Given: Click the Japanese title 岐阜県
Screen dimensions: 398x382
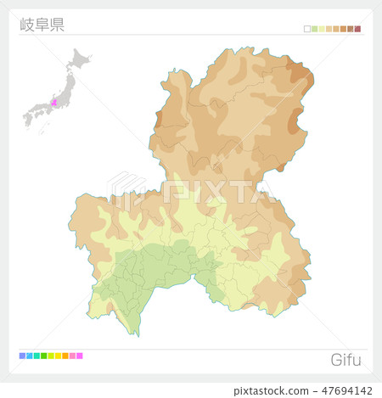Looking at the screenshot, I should coord(42,23).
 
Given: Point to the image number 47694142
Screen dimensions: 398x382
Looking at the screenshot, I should coord(349,390).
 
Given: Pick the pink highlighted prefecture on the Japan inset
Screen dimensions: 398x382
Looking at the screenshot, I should coord(54,103).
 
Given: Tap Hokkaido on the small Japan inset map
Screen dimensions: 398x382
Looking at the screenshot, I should coord(81,59).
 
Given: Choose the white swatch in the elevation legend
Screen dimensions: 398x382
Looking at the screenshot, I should coord(307,29).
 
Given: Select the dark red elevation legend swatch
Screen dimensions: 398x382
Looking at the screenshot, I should coord(357,29).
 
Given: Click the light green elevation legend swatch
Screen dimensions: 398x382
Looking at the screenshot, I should coord(314,29).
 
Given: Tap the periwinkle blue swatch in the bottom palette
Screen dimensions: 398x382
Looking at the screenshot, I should coord(22,356).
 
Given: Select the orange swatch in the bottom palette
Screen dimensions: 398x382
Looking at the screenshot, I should coord(65,356).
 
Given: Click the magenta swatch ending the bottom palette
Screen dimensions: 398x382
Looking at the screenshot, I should coord(80,356).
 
